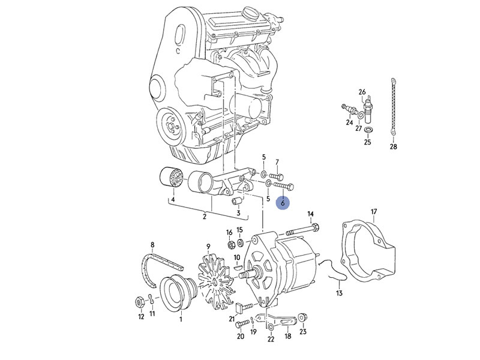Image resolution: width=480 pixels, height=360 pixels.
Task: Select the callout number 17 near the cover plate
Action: tap(373, 212)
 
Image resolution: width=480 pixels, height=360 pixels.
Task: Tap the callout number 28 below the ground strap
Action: tap(394, 146)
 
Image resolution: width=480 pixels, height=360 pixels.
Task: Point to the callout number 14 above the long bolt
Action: tap(310, 214)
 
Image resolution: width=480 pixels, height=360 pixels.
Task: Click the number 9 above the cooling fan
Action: tap(208, 246)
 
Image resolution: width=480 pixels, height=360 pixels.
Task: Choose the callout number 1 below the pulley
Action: tap(181, 319)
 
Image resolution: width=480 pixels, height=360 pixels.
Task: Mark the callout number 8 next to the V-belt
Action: tap(152, 245)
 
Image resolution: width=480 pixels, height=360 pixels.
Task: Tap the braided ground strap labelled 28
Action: tap(394, 108)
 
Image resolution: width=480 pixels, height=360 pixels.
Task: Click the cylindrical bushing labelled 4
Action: tap(172, 179)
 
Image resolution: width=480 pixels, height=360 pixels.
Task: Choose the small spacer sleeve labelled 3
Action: tap(236, 200)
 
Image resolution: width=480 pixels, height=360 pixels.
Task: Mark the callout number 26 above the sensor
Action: tap(362, 92)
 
